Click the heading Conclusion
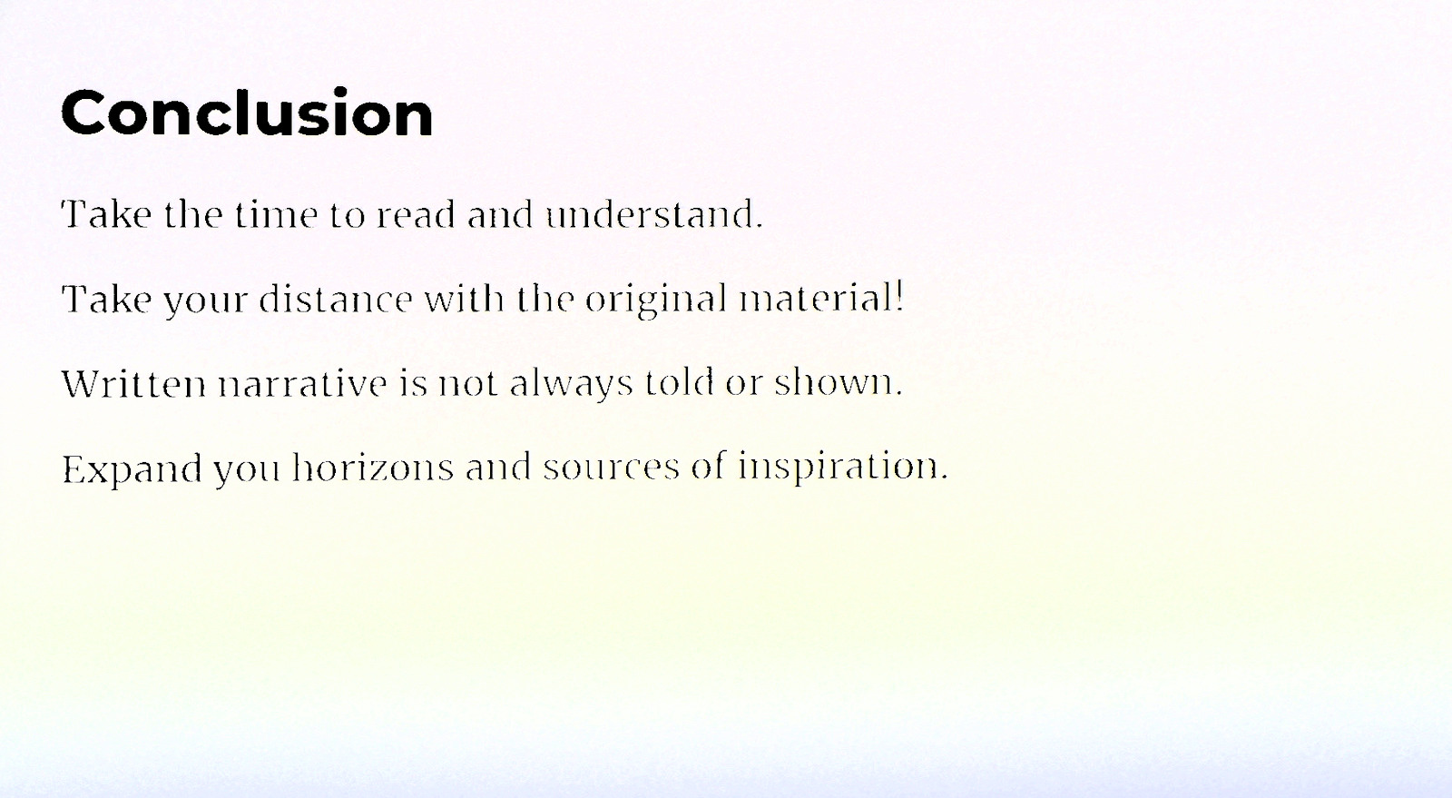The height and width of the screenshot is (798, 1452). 247,113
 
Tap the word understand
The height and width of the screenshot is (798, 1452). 653,214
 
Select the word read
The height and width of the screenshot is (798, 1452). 416,214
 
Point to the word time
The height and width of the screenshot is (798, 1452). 276,214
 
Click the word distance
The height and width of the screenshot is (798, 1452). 336,299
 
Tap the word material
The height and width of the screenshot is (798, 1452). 817,299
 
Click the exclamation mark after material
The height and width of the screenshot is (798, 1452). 898,298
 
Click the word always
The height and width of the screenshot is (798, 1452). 571,385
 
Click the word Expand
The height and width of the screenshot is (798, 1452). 132,469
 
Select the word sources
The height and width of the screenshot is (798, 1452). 612,468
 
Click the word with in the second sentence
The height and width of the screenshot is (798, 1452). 464,299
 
